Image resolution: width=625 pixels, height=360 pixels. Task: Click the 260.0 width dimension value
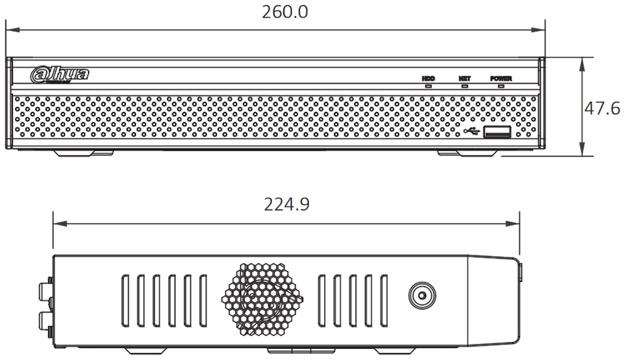[285, 12]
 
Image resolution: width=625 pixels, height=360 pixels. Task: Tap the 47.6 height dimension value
[602, 108]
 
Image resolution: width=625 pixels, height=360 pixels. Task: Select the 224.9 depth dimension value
[287, 204]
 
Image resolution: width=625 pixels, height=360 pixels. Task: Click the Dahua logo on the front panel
[60, 75]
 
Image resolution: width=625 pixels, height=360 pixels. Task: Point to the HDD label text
[428, 78]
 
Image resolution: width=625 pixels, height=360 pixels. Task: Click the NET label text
[465, 78]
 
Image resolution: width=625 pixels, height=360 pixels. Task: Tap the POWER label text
[501, 78]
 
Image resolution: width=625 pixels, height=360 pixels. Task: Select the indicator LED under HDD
[428, 85]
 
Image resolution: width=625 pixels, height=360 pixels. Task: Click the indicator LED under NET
[465, 85]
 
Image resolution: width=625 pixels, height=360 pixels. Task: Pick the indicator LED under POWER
[501, 85]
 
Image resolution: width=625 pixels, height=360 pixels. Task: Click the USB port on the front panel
[497, 131]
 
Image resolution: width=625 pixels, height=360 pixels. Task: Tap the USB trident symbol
[472, 131]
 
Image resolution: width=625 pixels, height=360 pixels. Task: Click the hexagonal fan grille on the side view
[262, 299]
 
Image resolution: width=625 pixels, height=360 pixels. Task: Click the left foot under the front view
[84, 153]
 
